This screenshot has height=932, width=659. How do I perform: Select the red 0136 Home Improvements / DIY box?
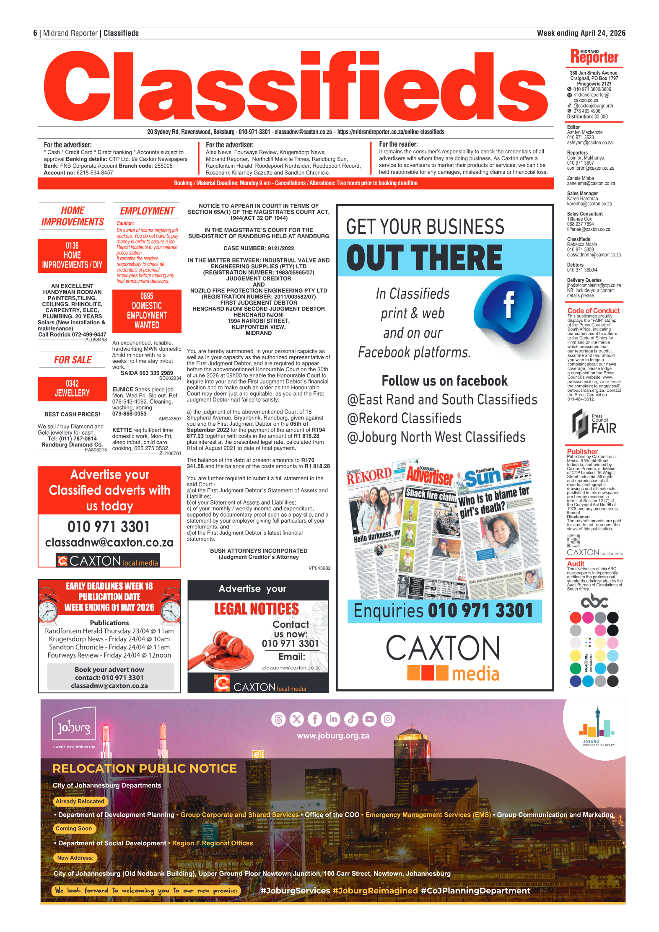(72, 255)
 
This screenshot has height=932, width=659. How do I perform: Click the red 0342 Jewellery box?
(72, 388)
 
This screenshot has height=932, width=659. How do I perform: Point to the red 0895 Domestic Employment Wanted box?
(147, 311)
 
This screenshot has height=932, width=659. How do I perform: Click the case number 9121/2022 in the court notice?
(258, 248)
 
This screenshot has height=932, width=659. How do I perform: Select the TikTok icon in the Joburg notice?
(351, 719)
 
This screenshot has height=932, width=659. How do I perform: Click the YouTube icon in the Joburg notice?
(369, 719)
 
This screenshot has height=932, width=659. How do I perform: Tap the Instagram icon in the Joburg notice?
(388, 719)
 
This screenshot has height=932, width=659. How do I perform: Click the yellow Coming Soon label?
(74, 828)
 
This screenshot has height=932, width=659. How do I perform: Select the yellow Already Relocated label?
(80, 801)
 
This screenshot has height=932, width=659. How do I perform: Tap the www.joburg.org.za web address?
(333, 735)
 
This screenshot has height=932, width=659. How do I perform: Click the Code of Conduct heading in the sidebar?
(593, 311)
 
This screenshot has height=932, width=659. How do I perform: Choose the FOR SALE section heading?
(73, 360)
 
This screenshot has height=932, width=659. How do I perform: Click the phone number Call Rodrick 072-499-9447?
(72, 334)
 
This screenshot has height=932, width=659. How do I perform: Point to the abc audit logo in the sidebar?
(594, 601)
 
